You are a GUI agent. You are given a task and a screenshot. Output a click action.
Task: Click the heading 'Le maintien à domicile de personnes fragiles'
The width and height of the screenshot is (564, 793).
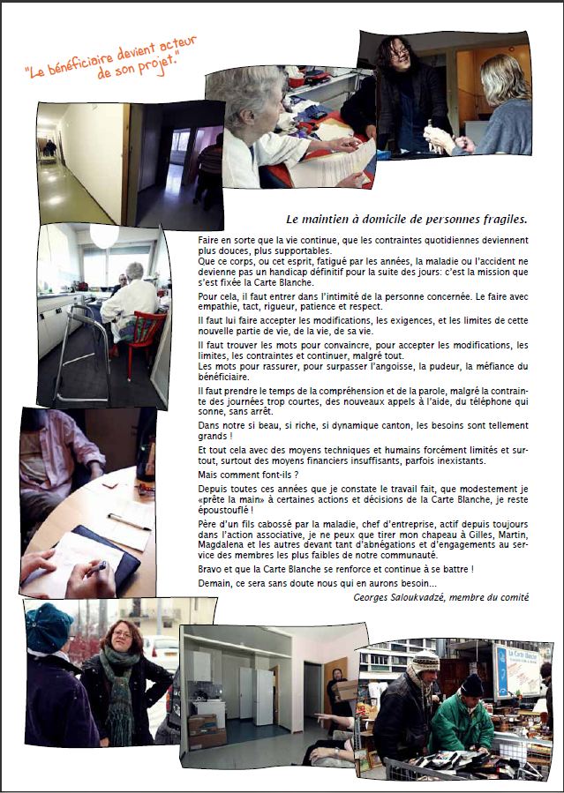coord(407,220)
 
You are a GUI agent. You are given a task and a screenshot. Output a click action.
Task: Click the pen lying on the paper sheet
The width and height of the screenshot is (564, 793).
coord(129,521)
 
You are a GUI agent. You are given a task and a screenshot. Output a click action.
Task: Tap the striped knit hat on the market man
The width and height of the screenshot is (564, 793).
coord(426,662)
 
